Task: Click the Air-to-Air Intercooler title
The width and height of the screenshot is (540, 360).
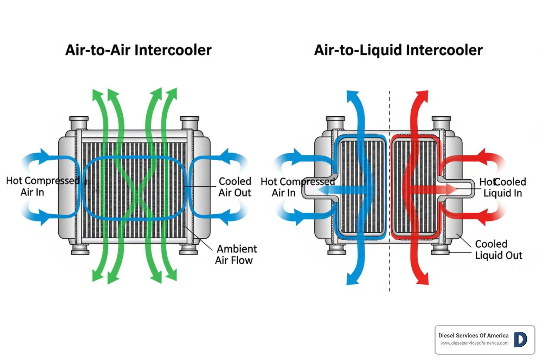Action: pos(139,50)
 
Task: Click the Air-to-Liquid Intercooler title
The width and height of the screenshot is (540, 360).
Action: pos(398,50)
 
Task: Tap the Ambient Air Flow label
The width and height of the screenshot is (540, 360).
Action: pos(236,255)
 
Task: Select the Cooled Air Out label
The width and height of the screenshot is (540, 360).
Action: pos(235,187)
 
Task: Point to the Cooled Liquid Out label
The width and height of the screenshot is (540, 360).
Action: pos(499,250)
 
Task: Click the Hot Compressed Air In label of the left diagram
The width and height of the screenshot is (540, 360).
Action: pos(42,186)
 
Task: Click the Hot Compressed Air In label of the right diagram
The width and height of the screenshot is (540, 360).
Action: pos(297,187)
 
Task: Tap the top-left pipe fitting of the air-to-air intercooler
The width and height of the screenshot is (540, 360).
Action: pos(79,123)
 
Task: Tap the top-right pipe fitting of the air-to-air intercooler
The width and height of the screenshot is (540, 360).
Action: pos(189,123)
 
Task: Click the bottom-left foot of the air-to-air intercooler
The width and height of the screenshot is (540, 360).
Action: pos(80,250)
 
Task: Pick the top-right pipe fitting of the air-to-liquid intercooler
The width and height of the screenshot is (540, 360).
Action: pos(441,123)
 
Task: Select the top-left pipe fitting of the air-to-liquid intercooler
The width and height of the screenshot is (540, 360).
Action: pos(335,123)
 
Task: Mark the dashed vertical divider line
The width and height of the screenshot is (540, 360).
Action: pos(390,274)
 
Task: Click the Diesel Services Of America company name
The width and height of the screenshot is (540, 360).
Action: pos(473,336)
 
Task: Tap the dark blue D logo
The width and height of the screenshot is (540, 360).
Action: pos(520,340)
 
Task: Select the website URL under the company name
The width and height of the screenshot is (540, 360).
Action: pos(474,343)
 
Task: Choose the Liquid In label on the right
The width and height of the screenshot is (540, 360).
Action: pos(502,193)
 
